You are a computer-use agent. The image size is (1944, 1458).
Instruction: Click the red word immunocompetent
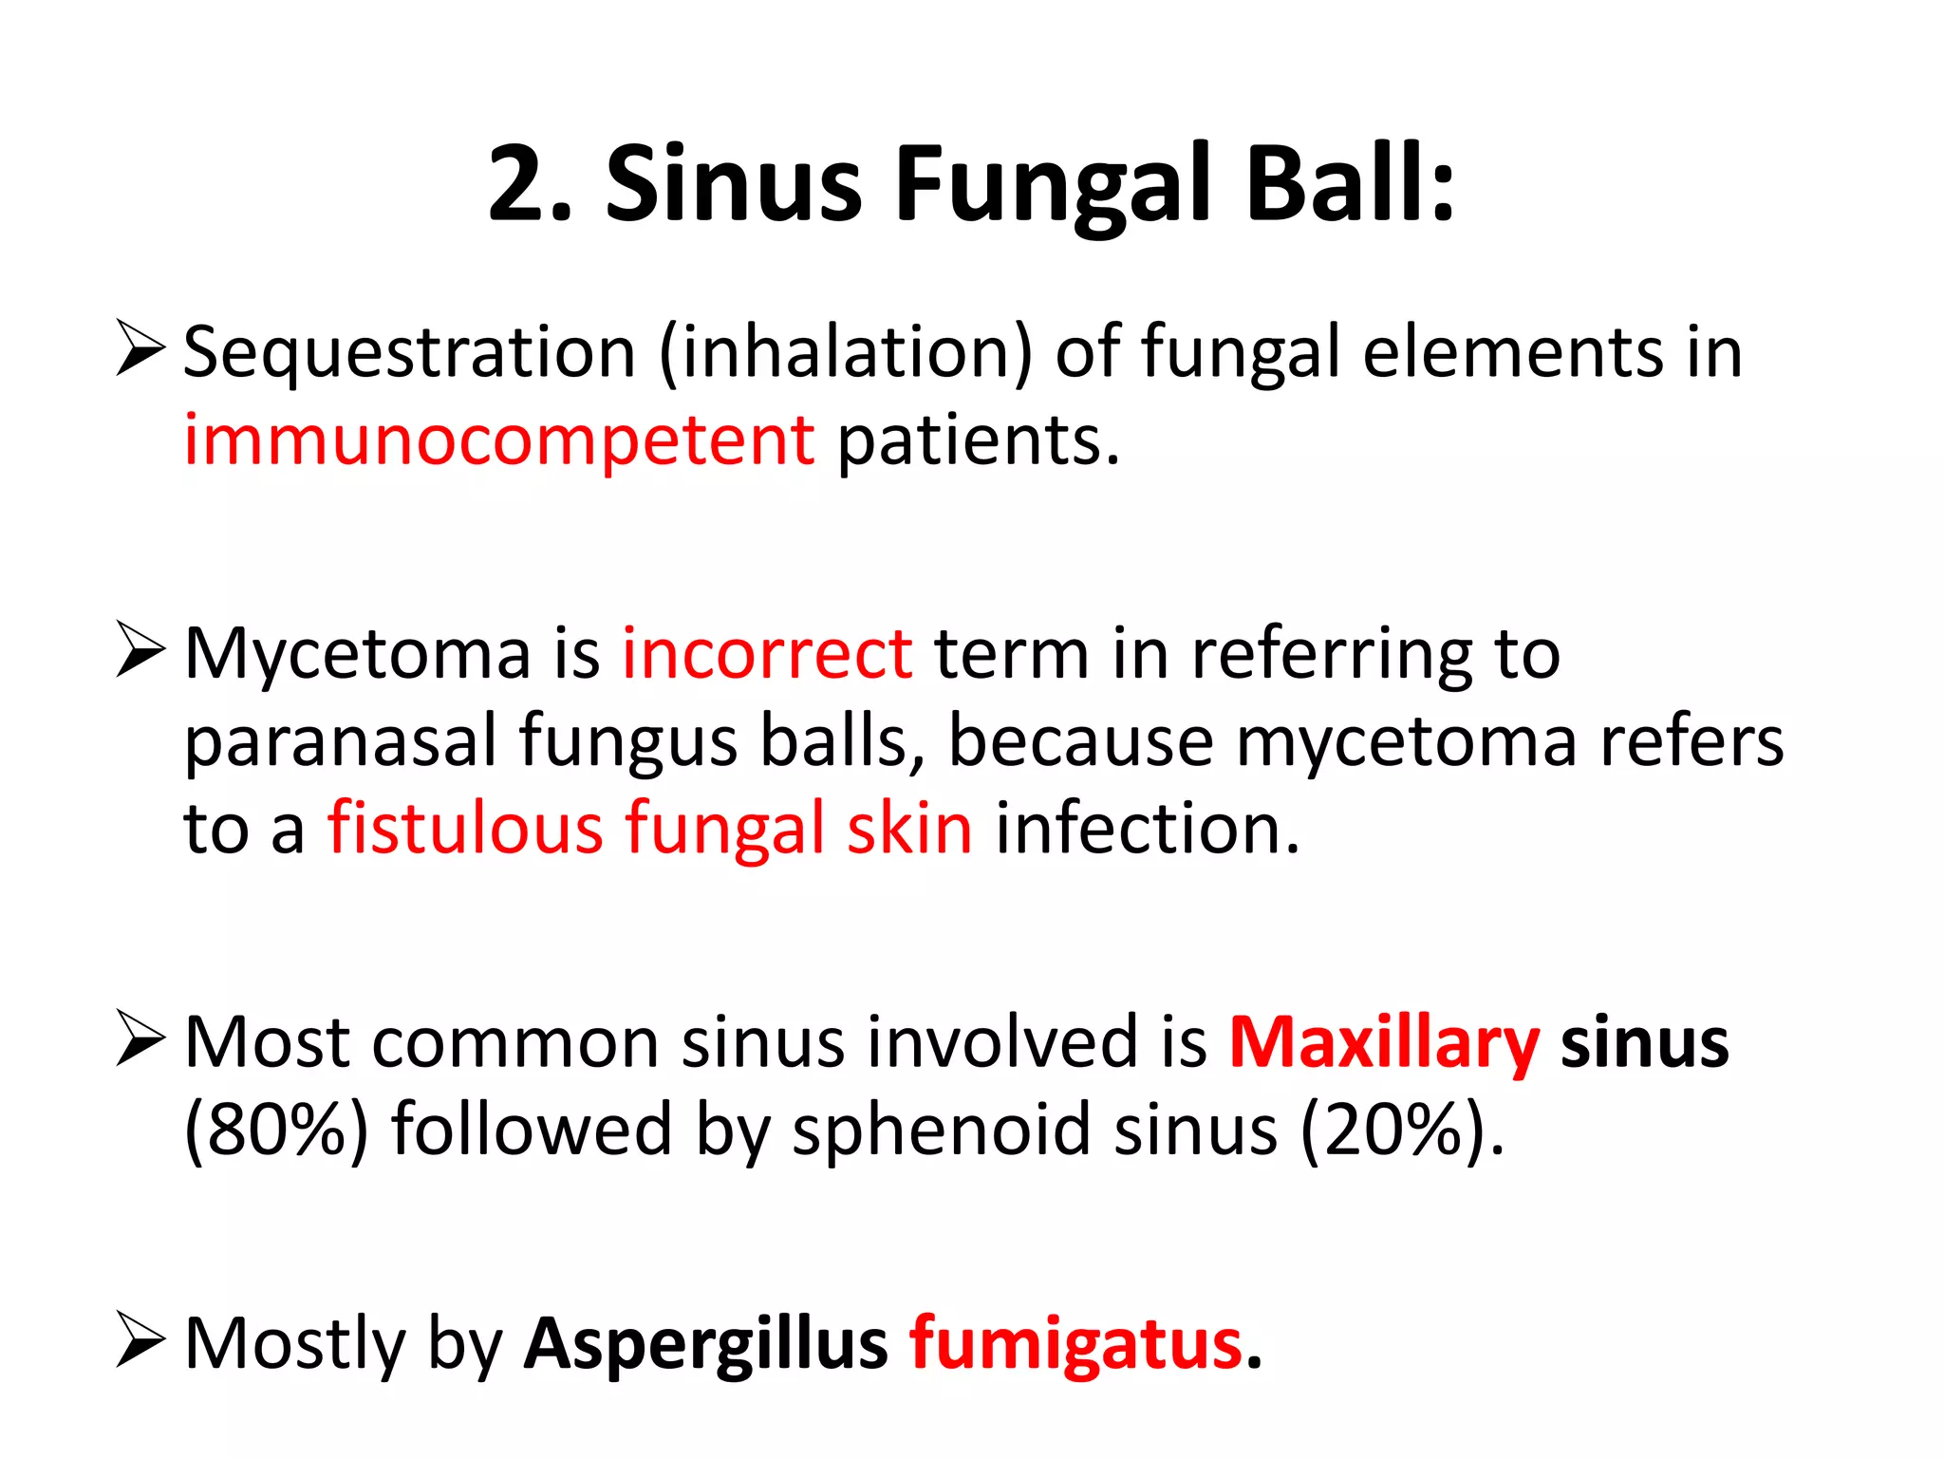coord(499,440)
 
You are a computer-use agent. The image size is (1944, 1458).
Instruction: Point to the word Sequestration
coord(409,352)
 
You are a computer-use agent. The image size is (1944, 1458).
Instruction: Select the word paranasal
coord(341,741)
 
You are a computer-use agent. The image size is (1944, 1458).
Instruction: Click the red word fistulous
coord(465,828)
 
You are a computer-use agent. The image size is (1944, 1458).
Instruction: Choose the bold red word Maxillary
coord(1384,1043)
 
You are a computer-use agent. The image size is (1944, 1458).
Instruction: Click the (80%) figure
coord(276,1130)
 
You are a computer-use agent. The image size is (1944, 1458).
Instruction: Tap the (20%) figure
coord(1393,1130)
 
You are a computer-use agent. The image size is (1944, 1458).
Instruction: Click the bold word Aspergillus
coord(706,1344)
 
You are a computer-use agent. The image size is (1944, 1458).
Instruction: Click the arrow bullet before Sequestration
coord(140,348)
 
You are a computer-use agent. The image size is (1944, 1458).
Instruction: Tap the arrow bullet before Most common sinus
coord(140,1038)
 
